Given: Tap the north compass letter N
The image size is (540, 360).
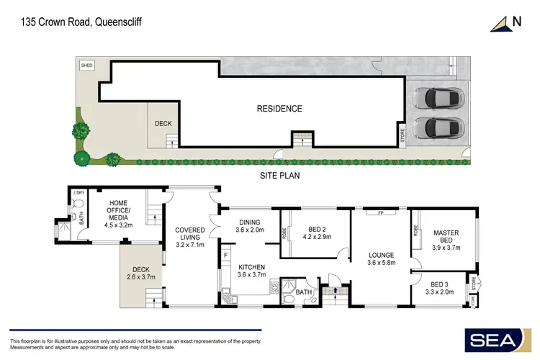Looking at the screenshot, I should coord(516,22).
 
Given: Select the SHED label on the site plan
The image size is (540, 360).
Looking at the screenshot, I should coord(87,66).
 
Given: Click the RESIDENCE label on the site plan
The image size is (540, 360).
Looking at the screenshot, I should coord(279,109).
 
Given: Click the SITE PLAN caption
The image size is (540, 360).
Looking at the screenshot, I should coord(280,175).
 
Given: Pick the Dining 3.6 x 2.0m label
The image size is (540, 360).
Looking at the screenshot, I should coord(249,225).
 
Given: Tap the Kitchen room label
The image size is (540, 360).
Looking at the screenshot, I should coord(253,270).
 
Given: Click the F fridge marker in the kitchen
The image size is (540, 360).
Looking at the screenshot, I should coord(225,254).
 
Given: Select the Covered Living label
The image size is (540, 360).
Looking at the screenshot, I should coord(190,238).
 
